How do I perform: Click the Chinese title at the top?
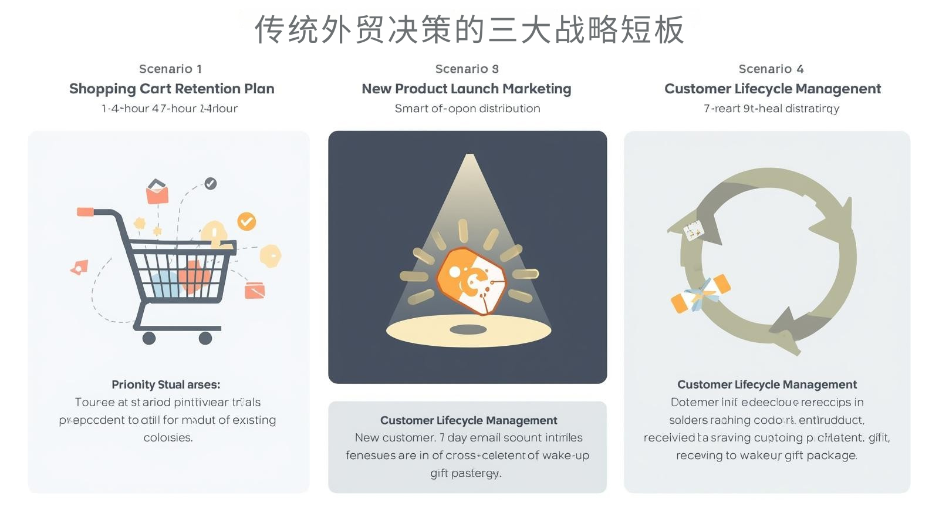pyautogui.click(x=469, y=29)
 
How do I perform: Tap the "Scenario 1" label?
pyautogui.click(x=170, y=69)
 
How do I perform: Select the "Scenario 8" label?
pyautogui.click(x=467, y=69)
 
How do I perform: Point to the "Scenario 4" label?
pyautogui.click(x=771, y=69)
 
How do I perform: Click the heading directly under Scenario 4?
pyautogui.click(x=772, y=89)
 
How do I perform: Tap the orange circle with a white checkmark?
pyautogui.click(x=246, y=221)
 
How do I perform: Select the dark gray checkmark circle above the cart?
pyautogui.click(x=210, y=183)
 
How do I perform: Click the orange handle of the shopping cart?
pyautogui.click(x=85, y=211)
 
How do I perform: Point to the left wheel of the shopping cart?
pyautogui.click(x=149, y=338)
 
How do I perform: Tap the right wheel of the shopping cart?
pyautogui.click(x=205, y=338)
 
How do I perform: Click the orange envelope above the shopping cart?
pyautogui.click(x=157, y=193)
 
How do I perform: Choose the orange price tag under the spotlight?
pyautogui.click(x=470, y=281)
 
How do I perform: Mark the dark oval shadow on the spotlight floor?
pyautogui.click(x=468, y=329)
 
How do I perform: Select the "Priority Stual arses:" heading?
pyautogui.click(x=166, y=385)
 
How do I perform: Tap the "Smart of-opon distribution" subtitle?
pyautogui.click(x=467, y=109)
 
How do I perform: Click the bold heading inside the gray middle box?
pyautogui.click(x=468, y=420)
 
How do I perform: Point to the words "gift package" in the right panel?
pyautogui.click(x=824, y=456)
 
